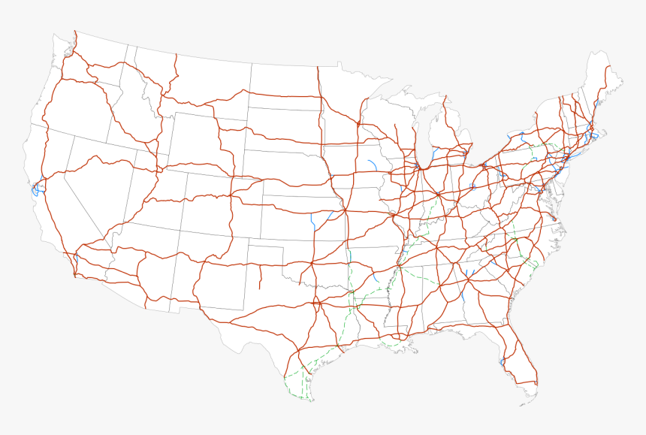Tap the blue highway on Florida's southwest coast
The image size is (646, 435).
click(x=501, y=363)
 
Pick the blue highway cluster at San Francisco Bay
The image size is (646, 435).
click(x=35, y=188)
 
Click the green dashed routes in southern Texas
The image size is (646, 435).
click(x=300, y=379)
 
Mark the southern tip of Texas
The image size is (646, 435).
click(x=308, y=398)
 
